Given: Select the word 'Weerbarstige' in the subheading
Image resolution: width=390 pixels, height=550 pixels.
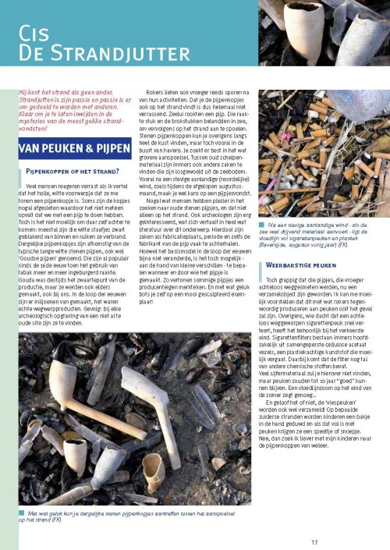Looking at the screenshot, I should click(x=290, y=243).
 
